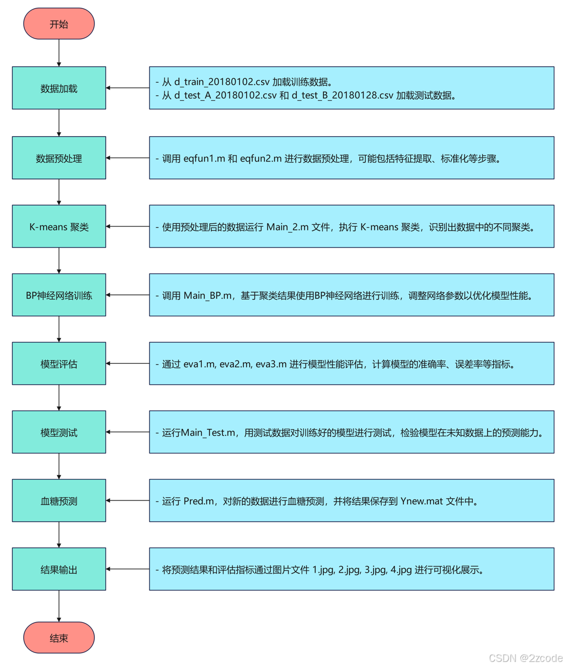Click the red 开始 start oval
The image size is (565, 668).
[x=59, y=24]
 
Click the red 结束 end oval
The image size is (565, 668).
[x=59, y=638]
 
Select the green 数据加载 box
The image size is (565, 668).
[x=59, y=88]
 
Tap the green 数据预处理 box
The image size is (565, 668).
[x=59, y=158]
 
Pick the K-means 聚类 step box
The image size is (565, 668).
[x=59, y=227]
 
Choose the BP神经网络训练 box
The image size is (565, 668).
[x=59, y=295]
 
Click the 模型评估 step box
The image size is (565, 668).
[x=59, y=364]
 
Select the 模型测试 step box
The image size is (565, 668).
[x=59, y=432]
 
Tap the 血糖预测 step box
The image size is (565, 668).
[x=59, y=501]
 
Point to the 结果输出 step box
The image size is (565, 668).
[x=59, y=569]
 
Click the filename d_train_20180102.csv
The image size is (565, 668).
[x=222, y=82]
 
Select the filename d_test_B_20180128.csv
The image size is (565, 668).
[x=343, y=95]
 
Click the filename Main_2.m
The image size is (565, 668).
[x=287, y=227]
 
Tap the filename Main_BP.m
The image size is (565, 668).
[x=207, y=295]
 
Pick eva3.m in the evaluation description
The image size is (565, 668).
[x=271, y=364]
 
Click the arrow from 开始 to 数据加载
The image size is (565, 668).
[x=59, y=53]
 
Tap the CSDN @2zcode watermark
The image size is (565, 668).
[x=525, y=658]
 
